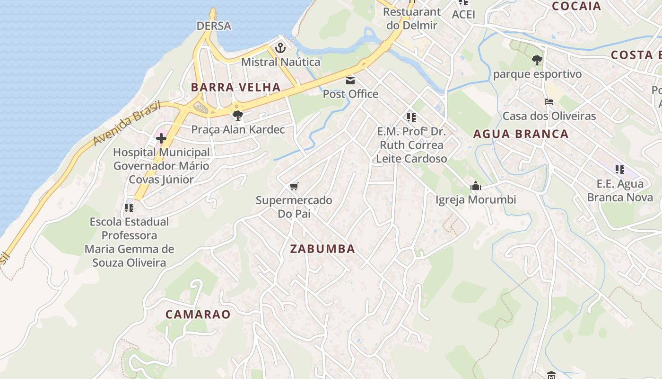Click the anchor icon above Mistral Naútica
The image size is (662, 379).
[280, 48]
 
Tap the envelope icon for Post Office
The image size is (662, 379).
[350, 80]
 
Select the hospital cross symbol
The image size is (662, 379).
[161, 138]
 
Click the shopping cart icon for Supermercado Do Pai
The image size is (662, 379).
[294, 186]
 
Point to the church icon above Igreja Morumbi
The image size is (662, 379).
[476, 186]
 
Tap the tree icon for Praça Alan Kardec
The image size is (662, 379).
[238, 115]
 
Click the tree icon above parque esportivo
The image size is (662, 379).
[537, 60]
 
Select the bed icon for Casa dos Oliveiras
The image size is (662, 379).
[549, 102]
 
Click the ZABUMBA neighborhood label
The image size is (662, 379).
[322, 249]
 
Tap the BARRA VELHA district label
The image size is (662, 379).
[236, 87]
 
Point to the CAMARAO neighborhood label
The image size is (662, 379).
[198, 314]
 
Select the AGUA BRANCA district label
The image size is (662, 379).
[521, 134]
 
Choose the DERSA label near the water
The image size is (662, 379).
[214, 26]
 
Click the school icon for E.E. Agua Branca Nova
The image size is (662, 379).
[620, 169]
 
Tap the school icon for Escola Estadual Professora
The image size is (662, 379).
[129, 208]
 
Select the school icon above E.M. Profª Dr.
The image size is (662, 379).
[411, 117]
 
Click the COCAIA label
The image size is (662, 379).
[576, 6]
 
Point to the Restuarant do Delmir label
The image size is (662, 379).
[411, 18]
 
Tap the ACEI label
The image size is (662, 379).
[463, 14]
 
